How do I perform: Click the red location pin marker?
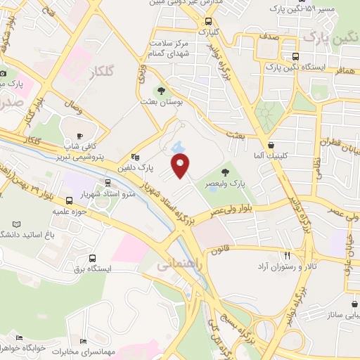pyautogui.click(x=181, y=165)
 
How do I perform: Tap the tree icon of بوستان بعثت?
pyautogui.click(x=162, y=91)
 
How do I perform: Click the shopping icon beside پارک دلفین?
pyautogui.click(x=135, y=157)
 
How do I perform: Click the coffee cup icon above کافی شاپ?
pyautogui.click(x=79, y=136)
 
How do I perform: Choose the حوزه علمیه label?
pyautogui.click(x=70, y=210)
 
